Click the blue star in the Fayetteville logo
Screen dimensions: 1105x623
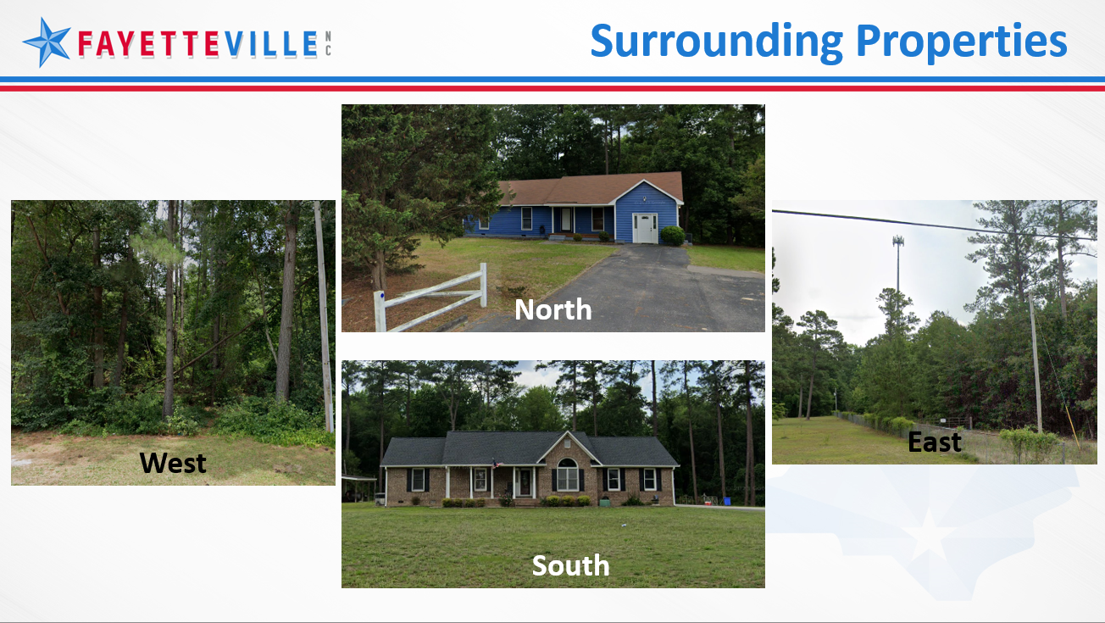point(47,42)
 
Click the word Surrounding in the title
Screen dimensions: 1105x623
point(717,42)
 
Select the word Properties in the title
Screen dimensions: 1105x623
point(962,42)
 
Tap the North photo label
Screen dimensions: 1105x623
point(553,309)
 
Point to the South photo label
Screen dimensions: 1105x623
point(571,565)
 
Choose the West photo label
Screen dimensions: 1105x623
point(173,463)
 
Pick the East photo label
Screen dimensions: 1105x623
point(935,442)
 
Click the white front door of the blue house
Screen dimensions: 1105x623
point(645,228)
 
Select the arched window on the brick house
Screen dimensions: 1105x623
point(567,475)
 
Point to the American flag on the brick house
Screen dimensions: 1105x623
point(495,463)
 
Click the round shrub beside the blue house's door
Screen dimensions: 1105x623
point(672,236)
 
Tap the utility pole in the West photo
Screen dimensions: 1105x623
point(324,315)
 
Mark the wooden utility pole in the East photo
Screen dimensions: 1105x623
point(1036,363)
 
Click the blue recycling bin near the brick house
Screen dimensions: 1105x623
point(726,501)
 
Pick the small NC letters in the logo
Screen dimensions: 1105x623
point(328,43)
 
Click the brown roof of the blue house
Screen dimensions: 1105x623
point(592,188)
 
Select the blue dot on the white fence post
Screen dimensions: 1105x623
point(381,296)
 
